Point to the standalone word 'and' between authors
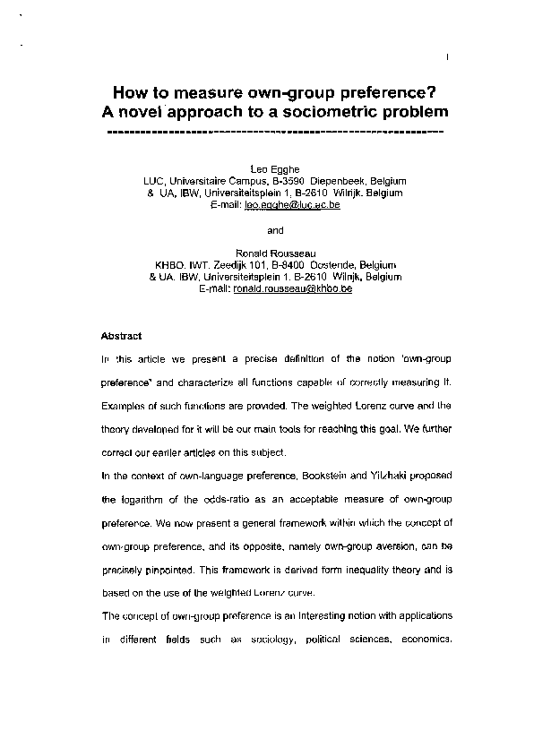[275, 229]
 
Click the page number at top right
[446, 60]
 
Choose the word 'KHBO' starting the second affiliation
[170, 265]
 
